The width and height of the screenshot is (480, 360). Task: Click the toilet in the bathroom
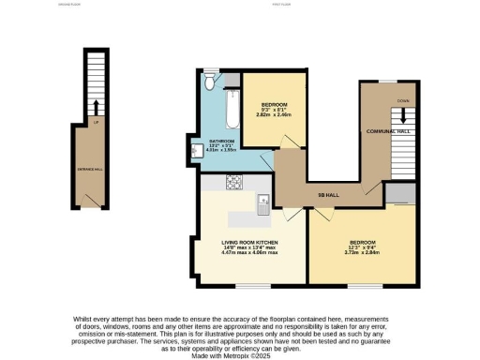coord(212,83)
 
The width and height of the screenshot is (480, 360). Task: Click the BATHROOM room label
coord(221,141)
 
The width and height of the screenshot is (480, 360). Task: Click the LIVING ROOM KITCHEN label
coord(249,242)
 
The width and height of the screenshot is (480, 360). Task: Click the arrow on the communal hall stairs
coord(405,114)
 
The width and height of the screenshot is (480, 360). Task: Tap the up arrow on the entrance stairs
coord(96,105)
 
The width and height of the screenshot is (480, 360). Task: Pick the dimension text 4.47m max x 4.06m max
coord(249,252)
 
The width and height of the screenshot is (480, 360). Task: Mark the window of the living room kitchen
coord(247,285)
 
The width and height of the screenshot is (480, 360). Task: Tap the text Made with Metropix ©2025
coord(240,354)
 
